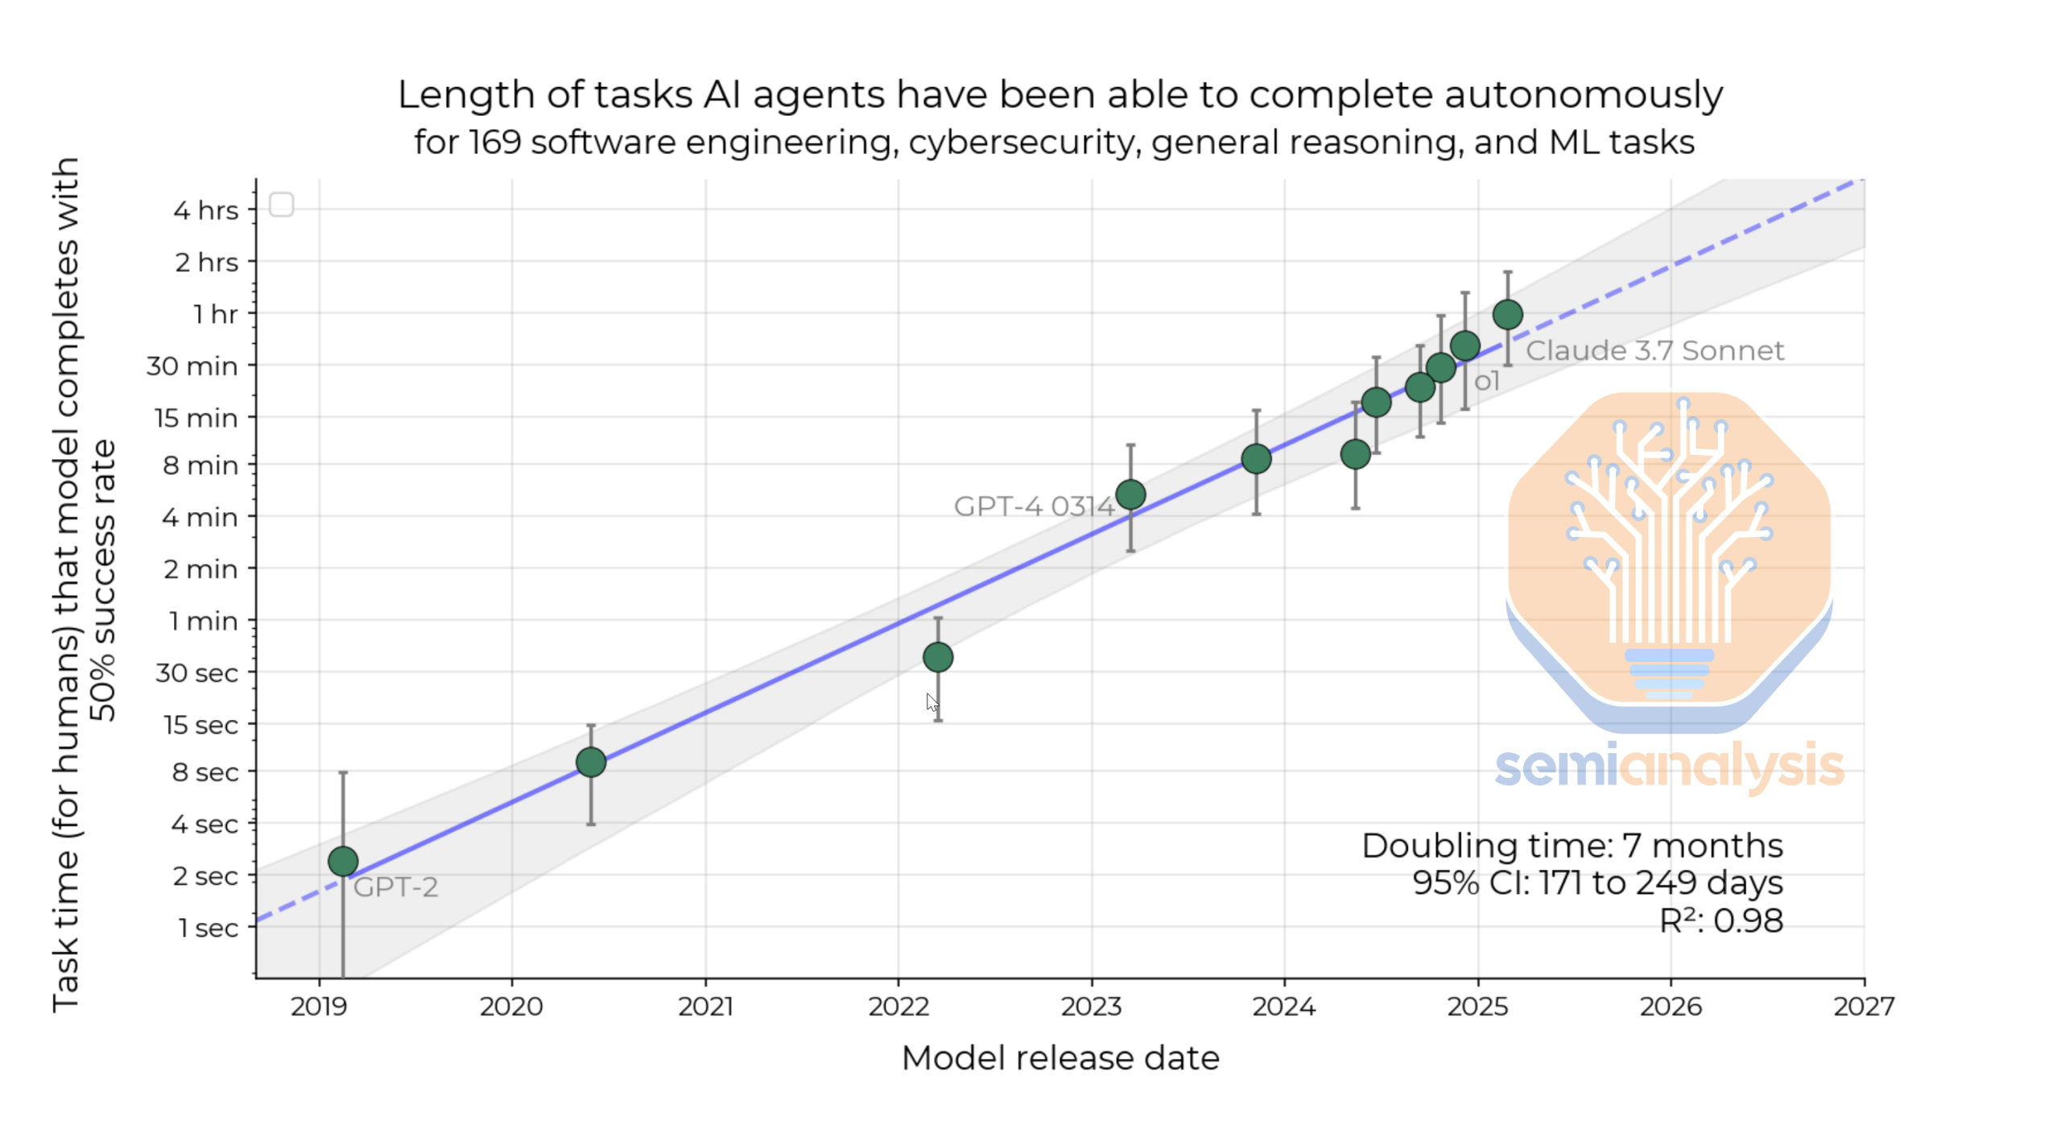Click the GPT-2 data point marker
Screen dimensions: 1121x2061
coord(343,861)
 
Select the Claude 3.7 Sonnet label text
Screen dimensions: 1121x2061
coord(1654,351)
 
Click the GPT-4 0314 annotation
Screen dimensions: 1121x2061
coord(1033,507)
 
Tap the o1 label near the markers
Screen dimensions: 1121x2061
coord(1486,381)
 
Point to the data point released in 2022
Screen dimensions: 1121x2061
coord(938,657)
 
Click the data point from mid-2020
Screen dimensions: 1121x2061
coord(591,762)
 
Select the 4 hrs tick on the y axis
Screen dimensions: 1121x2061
coord(206,210)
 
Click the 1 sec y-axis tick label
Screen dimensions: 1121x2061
coord(209,928)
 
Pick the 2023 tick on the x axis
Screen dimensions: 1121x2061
coord(1091,1007)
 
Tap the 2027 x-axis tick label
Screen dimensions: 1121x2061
coord(1864,1007)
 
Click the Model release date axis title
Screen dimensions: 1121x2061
coord(1060,1058)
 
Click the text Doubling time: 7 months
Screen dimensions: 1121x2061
coord(1572,846)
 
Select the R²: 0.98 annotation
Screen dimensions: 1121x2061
coord(1721,920)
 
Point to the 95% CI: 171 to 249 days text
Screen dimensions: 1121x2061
coord(1597,883)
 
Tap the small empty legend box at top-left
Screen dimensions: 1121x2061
coord(281,205)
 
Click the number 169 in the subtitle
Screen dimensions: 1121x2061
coord(495,143)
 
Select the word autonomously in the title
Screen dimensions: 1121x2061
coord(1583,95)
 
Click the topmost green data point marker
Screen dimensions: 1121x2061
coord(1507,314)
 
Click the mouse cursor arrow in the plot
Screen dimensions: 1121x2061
coord(931,702)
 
